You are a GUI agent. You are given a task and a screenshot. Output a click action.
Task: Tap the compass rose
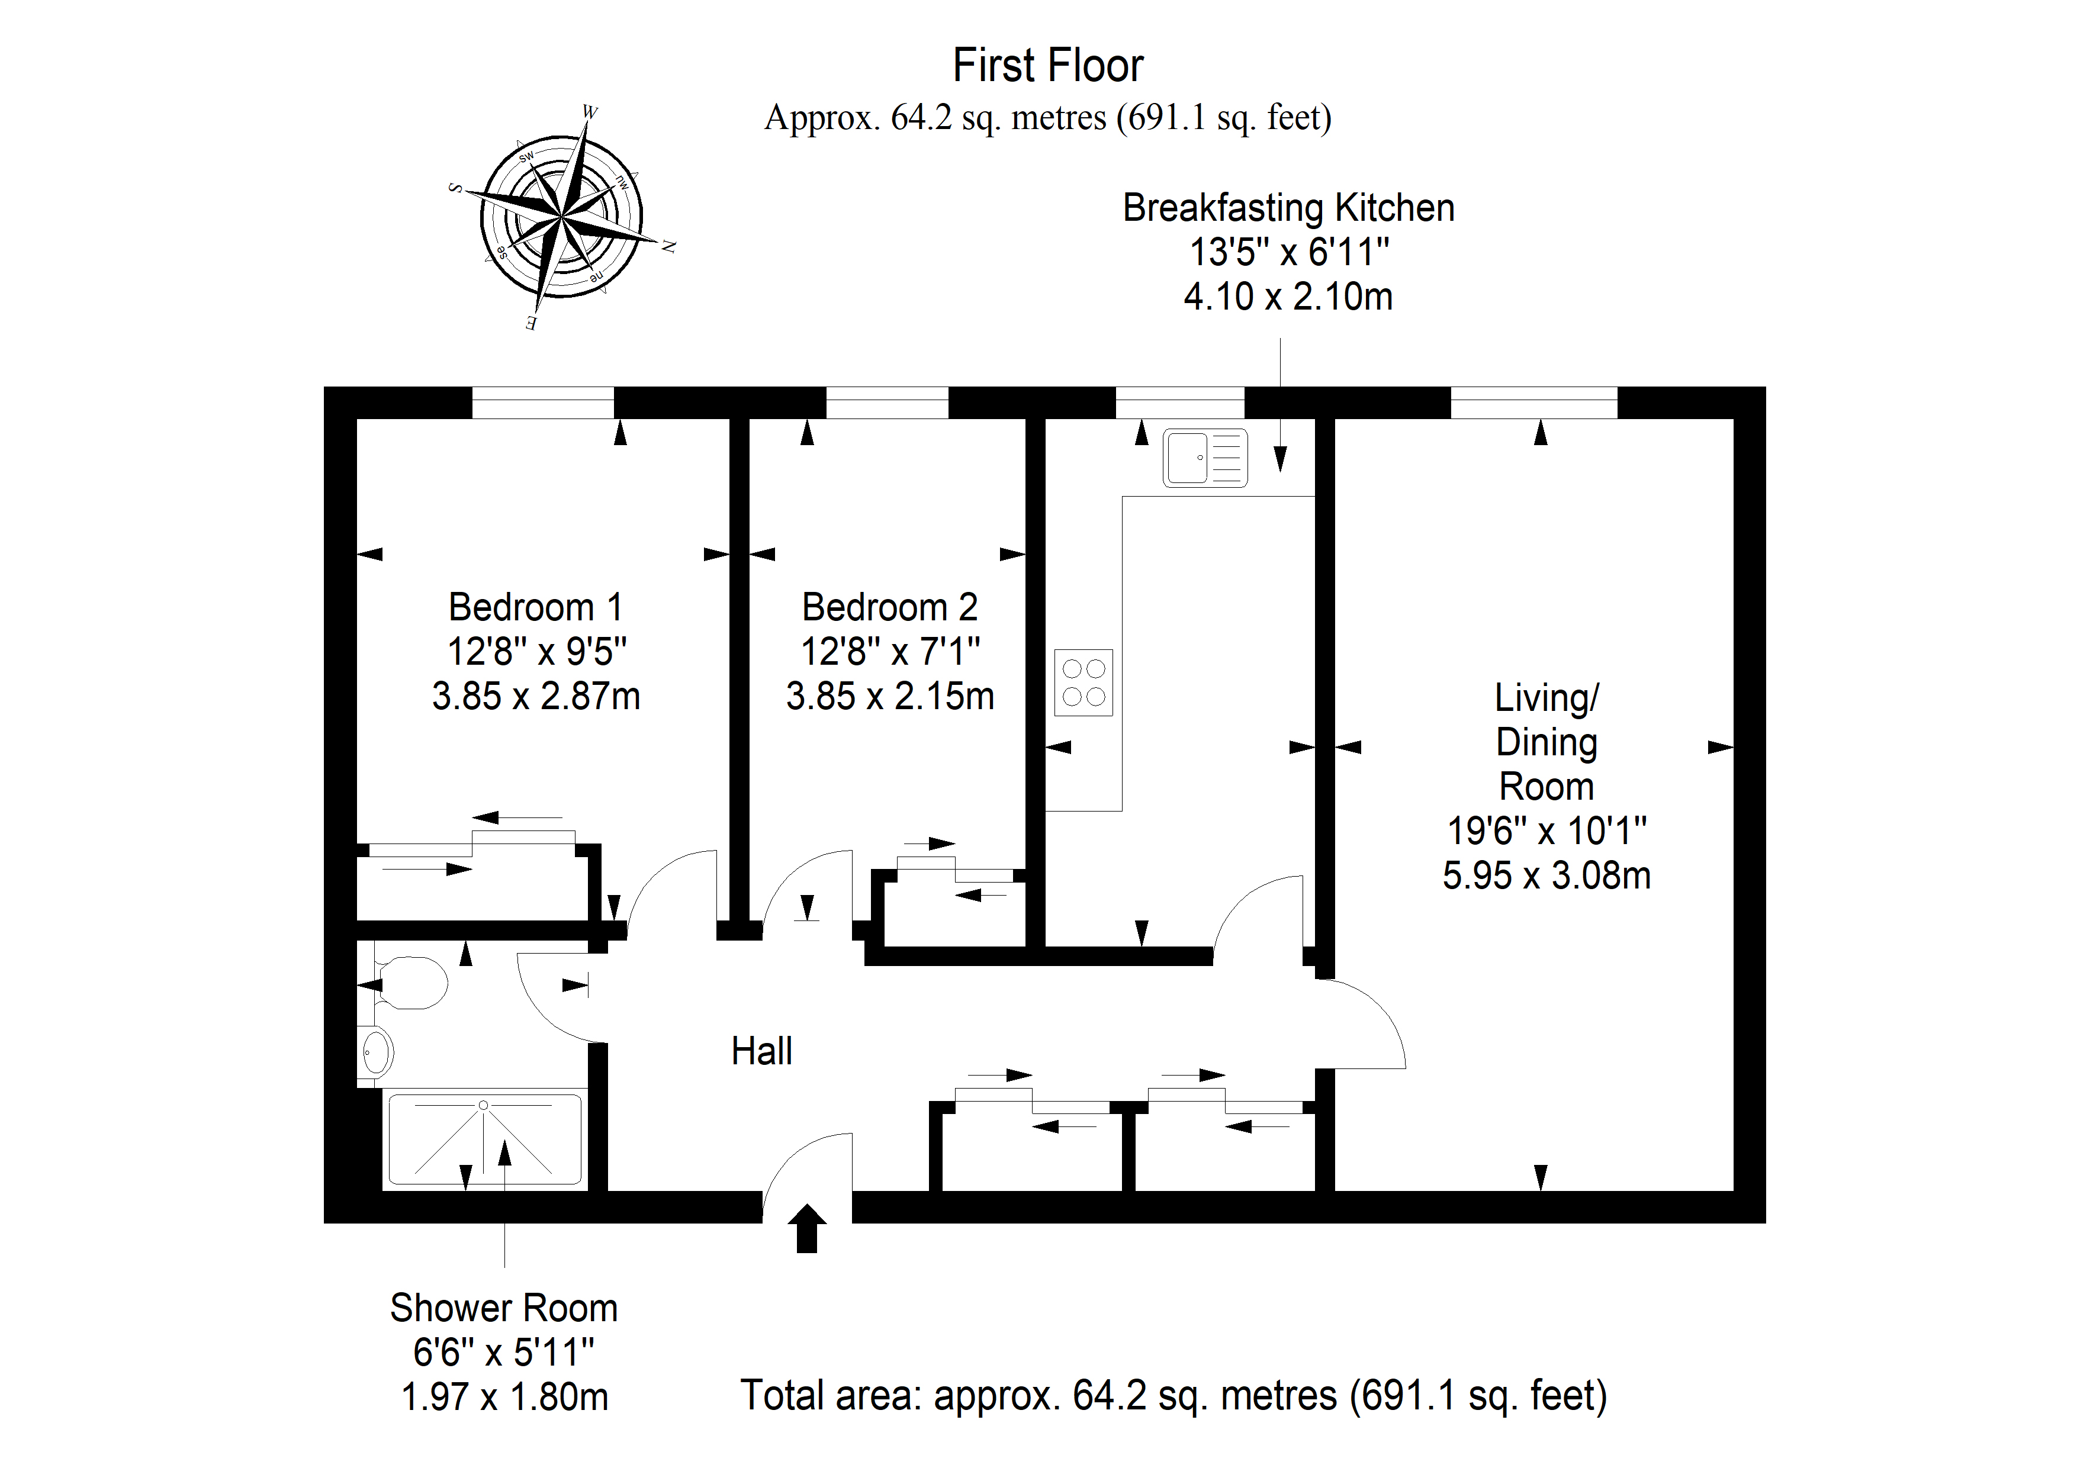tap(561, 218)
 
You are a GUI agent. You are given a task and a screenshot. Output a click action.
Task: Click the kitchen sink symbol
tap(1205, 458)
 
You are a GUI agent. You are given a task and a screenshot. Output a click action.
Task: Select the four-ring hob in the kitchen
tap(1083, 683)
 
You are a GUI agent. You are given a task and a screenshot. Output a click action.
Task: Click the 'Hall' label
tap(761, 1051)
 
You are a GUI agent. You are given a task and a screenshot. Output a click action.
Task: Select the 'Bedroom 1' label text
tap(536, 607)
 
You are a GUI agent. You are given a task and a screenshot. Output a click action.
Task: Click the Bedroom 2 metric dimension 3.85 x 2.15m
tap(890, 697)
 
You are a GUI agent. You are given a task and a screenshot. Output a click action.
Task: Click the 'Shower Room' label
tap(504, 1308)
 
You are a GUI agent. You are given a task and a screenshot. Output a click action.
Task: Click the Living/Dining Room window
tap(1534, 403)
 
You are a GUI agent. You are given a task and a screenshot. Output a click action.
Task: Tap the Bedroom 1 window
tap(543, 403)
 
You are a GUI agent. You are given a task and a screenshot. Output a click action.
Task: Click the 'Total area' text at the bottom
tap(1174, 1396)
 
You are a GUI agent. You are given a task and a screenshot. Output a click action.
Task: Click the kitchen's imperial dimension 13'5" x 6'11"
tap(1288, 252)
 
